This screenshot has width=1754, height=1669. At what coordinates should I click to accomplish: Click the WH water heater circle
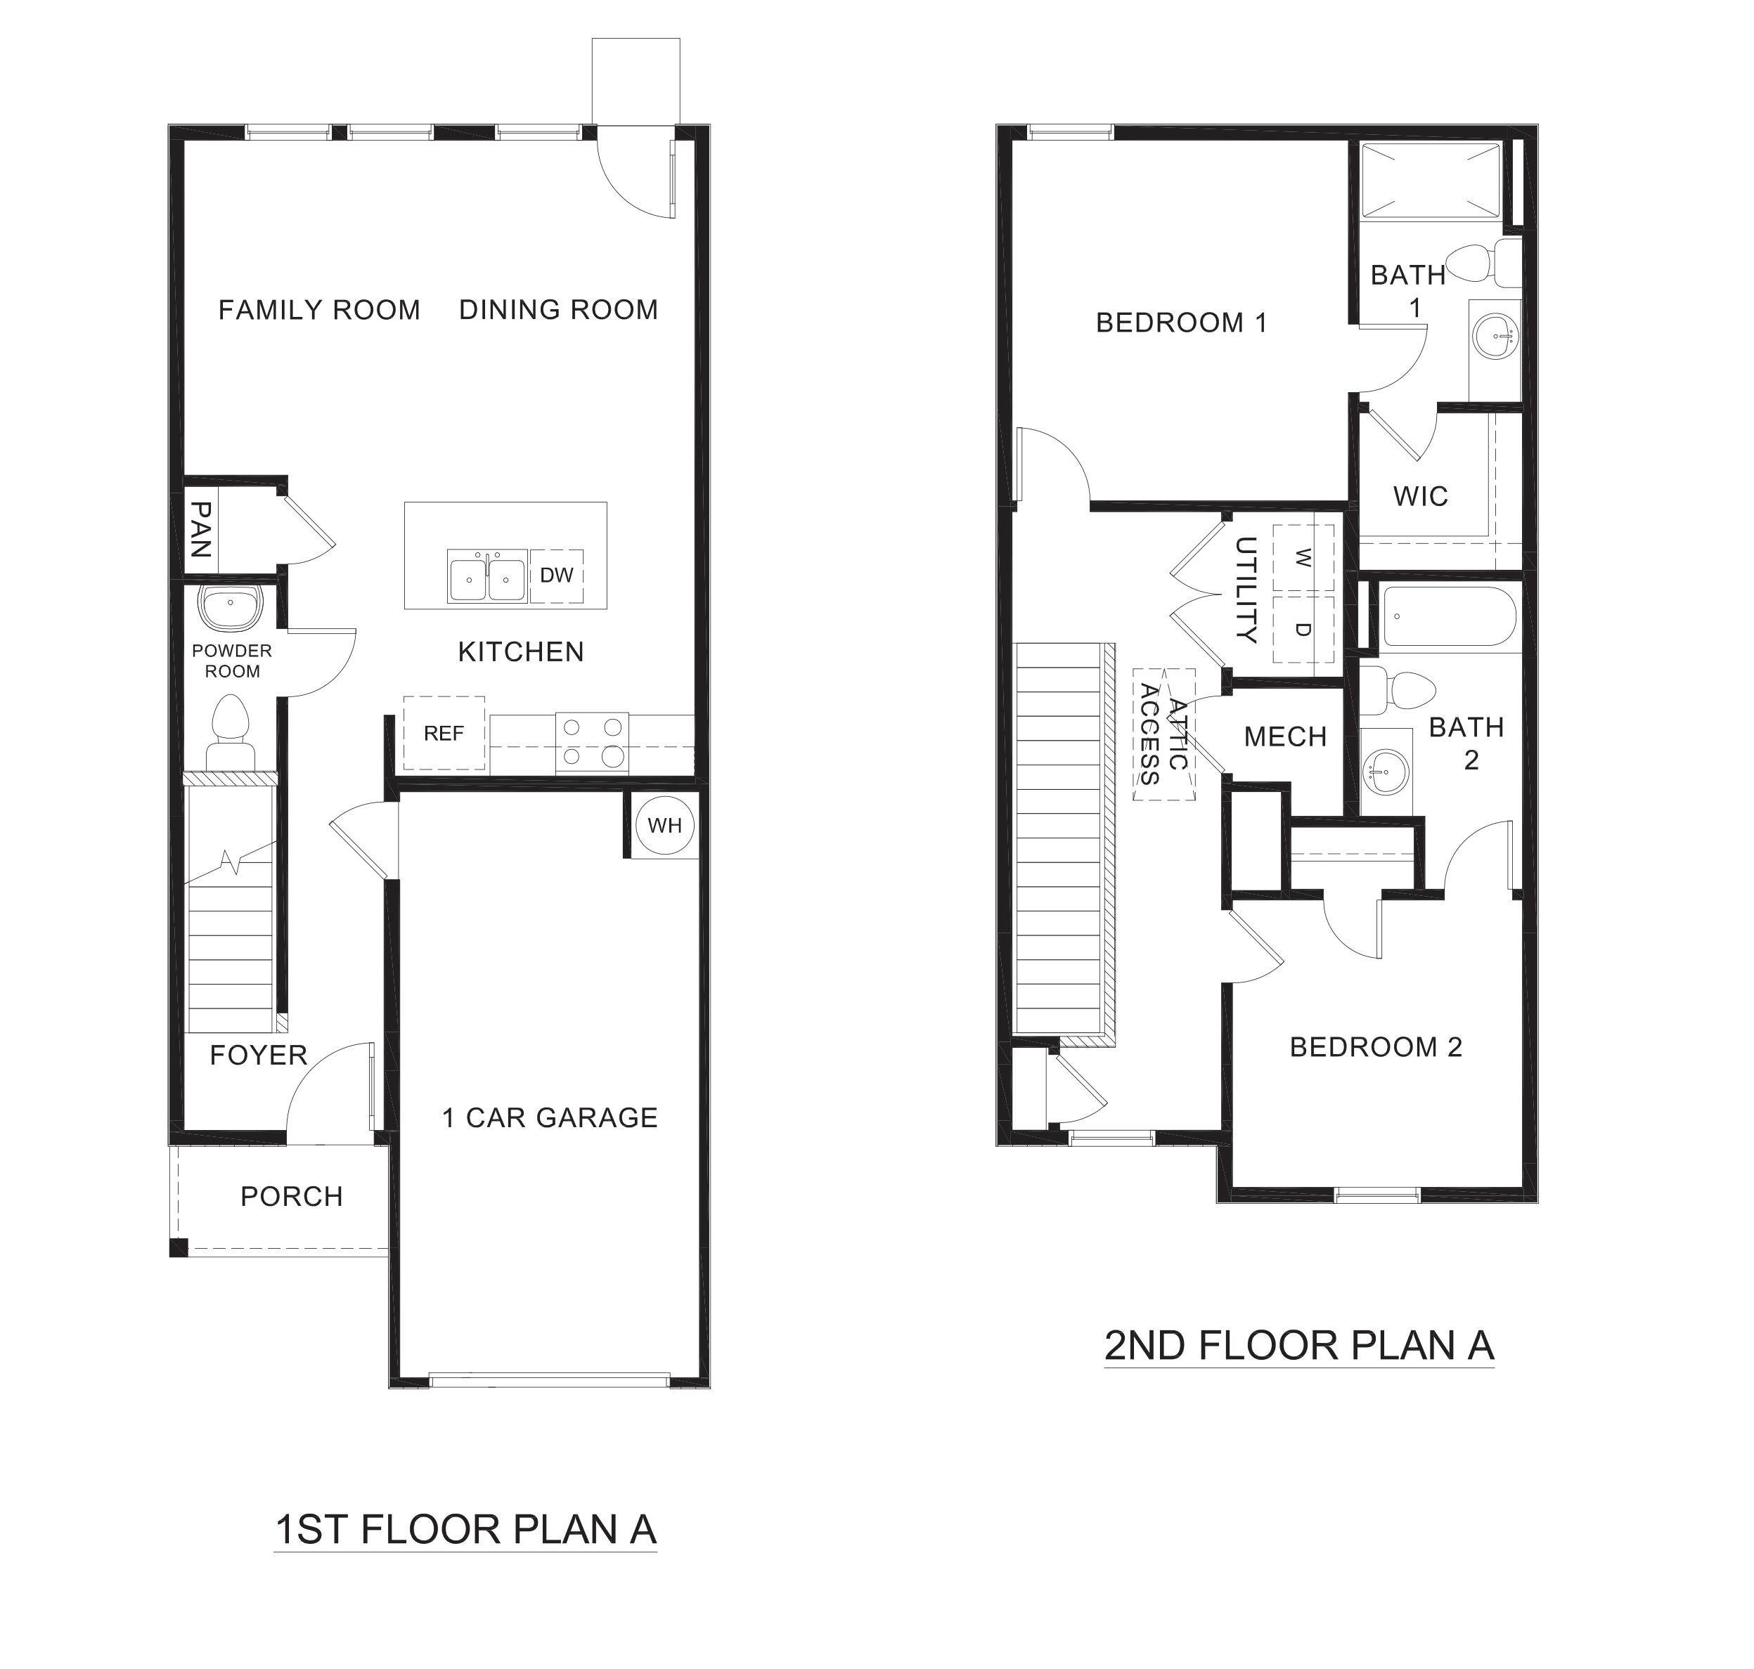(665, 826)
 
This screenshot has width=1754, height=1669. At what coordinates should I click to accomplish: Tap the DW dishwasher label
(557, 576)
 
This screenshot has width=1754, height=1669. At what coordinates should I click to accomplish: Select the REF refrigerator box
(444, 733)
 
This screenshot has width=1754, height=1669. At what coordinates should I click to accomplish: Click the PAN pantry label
(201, 528)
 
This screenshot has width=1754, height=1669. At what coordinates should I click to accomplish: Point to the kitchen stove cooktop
(592, 742)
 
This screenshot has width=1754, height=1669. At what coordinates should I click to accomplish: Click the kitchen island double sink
(486, 576)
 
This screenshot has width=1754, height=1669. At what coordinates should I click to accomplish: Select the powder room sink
(231, 606)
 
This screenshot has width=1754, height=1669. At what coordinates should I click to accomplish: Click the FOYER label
(258, 1055)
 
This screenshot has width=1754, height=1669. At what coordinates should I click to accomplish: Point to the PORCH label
(292, 1197)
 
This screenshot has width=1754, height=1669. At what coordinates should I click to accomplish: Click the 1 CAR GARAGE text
(550, 1117)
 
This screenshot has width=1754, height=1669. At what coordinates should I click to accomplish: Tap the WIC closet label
(1420, 495)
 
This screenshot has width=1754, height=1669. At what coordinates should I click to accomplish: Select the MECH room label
(1285, 736)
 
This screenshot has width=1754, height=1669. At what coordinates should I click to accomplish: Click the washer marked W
(1303, 558)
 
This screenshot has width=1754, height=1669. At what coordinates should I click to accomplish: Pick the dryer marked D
(1303, 629)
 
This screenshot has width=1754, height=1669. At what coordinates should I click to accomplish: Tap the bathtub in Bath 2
(1448, 616)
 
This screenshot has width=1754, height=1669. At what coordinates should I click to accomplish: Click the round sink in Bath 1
(1494, 337)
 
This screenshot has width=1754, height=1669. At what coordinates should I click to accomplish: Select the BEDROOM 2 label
(1376, 1047)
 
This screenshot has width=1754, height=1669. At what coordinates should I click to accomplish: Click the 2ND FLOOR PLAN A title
(1298, 1346)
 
